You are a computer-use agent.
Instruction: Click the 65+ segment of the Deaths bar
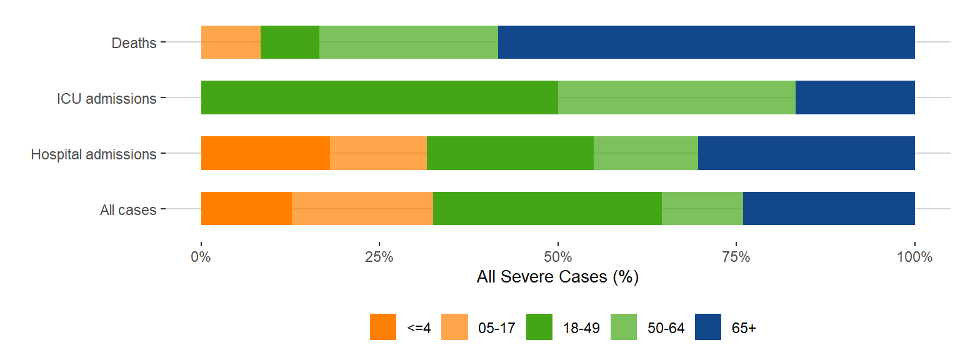[x=706, y=42]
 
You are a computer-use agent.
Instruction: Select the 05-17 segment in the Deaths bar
[x=231, y=42]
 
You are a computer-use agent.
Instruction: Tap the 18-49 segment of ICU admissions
[x=379, y=97]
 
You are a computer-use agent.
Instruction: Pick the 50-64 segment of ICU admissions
[x=676, y=97]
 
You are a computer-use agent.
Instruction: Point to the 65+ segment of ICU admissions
[x=855, y=97]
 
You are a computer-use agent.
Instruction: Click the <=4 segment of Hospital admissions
[x=265, y=153]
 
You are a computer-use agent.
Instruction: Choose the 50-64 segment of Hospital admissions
[x=646, y=153]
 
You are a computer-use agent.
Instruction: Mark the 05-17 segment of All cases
[x=362, y=208]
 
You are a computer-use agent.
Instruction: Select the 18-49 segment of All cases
[x=547, y=208]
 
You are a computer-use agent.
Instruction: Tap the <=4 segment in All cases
[x=246, y=208]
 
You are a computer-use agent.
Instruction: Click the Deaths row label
[x=134, y=43]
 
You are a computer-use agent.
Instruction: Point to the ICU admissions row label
[x=107, y=99]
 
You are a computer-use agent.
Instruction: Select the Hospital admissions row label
[x=94, y=154]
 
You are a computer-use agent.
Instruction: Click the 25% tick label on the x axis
[x=379, y=257]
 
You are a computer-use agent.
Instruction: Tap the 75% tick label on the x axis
[x=736, y=257]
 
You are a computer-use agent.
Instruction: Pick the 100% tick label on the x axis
[x=914, y=257]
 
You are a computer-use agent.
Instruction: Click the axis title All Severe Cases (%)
[x=557, y=277]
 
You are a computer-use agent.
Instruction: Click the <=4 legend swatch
[x=383, y=327]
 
